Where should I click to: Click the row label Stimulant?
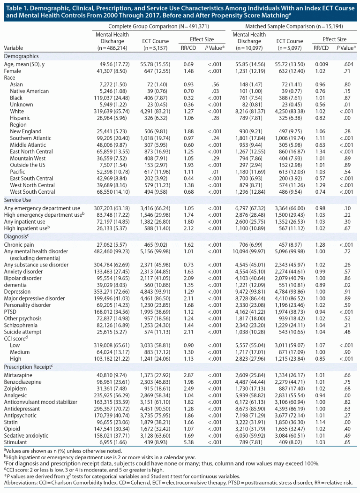(x=16, y=442)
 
